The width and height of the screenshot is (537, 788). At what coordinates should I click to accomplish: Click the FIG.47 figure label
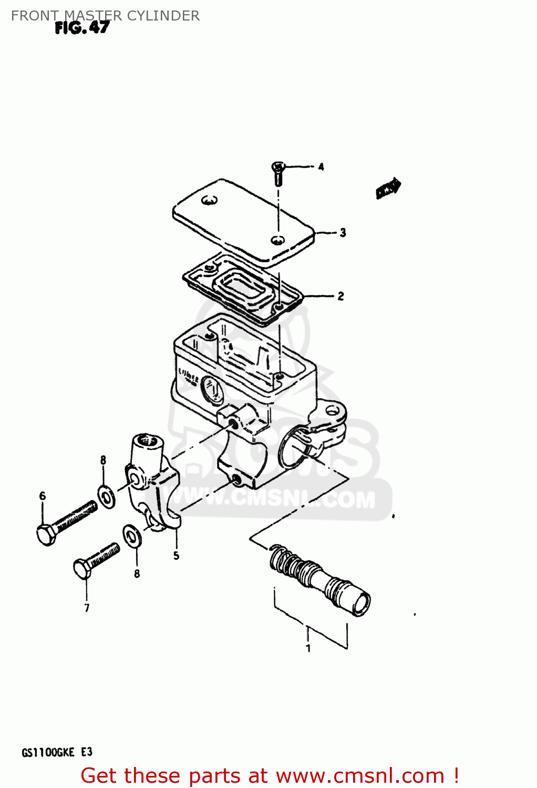click(x=82, y=28)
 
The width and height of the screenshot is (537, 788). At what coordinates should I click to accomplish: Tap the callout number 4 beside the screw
click(x=321, y=167)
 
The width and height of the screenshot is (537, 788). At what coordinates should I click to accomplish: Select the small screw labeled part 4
click(x=277, y=173)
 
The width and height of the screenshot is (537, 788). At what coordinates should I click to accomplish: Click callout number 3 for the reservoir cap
click(x=343, y=232)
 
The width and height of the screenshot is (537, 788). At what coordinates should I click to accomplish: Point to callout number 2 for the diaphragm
click(x=340, y=296)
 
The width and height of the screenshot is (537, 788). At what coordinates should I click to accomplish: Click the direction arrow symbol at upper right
click(x=388, y=189)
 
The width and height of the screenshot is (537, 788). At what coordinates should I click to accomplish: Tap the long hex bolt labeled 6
click(x=66, y=522)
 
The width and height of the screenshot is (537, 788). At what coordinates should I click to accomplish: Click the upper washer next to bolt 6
click(x=107, y=496)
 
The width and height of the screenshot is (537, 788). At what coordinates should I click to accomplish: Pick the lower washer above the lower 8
click(x=131, y=536)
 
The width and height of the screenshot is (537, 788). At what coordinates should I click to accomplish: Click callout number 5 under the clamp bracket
click(x=176, y=555)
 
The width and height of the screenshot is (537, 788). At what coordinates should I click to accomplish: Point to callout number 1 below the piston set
click(x=308, y=648)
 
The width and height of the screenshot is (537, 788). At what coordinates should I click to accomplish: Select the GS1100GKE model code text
click(x=48, y=752)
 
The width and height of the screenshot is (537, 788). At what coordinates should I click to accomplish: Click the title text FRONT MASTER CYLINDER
click(x=105, y=16)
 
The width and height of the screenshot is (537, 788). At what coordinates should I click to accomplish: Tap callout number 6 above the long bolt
click(x=43, y=496)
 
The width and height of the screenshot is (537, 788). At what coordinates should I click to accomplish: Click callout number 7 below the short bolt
click(x=87, y=608)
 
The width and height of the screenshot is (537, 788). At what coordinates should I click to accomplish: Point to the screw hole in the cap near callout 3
click(x=277, y=240)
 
